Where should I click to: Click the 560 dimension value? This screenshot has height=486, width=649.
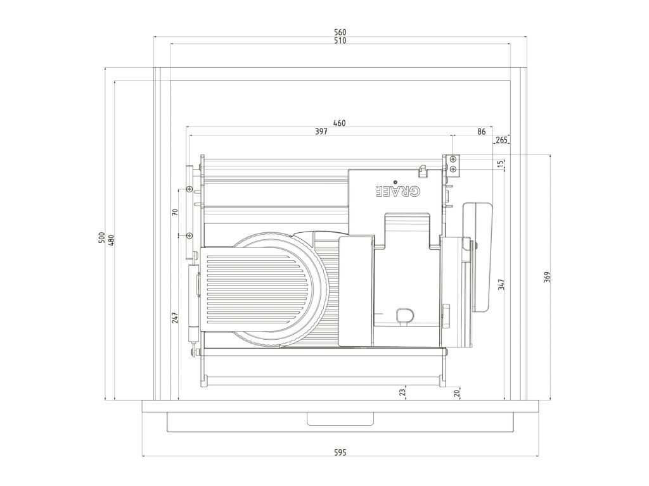[340, 32]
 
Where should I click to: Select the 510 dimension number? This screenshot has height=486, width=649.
[340, 40]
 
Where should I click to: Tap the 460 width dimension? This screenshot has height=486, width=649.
[340, 123]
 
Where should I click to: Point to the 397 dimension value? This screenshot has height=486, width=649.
[321, 132]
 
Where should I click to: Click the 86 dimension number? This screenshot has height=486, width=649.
[481, 132]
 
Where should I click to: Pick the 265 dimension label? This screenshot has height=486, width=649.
[501, 140]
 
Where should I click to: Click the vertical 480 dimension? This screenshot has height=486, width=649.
[111, 240]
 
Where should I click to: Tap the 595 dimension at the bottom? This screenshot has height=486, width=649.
[340, 452]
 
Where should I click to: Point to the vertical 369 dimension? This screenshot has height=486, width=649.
[547, 277]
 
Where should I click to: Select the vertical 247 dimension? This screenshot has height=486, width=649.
[175, 316]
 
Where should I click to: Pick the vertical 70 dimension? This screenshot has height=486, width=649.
[175, 212]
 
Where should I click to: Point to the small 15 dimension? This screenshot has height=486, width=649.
[501, 164]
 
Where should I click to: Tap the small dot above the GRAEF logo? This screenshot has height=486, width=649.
[395, 182]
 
